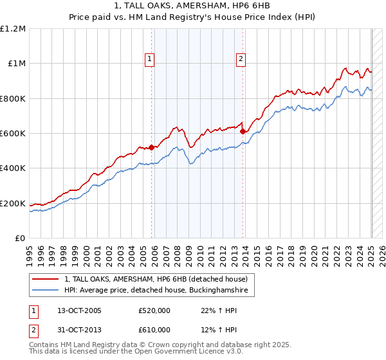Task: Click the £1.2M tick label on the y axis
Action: [13, 29]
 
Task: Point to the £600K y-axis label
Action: [13, 134]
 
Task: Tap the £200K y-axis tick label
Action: [13, 204]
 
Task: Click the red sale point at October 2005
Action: [152, 147]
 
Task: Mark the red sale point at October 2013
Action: [243, 132]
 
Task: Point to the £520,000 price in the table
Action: [154, 310]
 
